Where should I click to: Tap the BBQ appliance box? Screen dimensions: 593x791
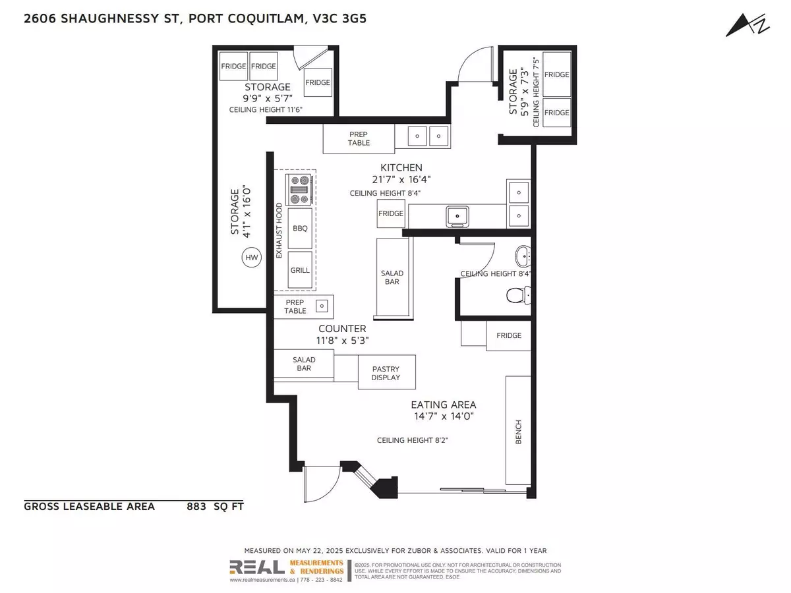click(x=301, y=227)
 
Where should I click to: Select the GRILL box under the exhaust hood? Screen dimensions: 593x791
click(x=301, y=270)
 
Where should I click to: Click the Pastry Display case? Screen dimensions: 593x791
click(x=387, y=372)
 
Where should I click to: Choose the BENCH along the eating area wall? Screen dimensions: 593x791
click(x=517, y=431)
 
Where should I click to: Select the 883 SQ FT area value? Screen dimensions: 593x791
click(x=215, y=506)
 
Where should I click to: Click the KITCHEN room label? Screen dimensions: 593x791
click(x=401, y=167)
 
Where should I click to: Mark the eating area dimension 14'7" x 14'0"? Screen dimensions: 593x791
click(x=444, y=416)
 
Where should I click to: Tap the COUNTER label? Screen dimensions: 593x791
click(x=342, y=328)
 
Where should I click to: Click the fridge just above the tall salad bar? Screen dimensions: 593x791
click(x=390, y=214)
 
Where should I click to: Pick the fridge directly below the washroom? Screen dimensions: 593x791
click(x=508, y=335)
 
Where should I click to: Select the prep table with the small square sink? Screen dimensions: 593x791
click(x=304, y=306)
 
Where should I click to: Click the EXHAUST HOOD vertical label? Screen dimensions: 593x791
click(x=279, y=231)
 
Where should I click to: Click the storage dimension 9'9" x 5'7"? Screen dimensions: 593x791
click(x=268, y=98)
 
